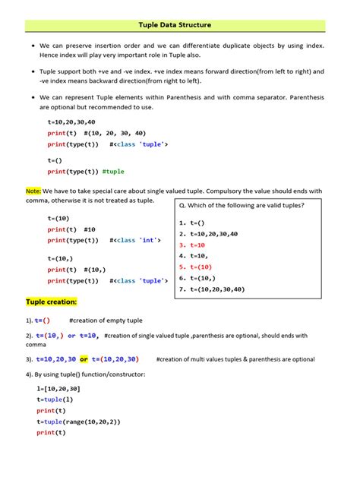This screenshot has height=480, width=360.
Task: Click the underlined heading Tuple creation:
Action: (x=52, y=302)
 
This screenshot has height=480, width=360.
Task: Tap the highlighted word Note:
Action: (x=33, y=191)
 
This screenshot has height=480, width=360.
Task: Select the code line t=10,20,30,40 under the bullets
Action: (x=71, y=122)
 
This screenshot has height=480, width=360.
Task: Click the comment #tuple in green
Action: (x=113, y=172)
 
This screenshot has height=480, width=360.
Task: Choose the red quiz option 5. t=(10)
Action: (x=197, y=267)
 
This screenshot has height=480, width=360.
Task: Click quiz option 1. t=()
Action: (x=193, y=223)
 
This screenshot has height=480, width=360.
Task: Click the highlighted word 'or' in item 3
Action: (x=84, y=359)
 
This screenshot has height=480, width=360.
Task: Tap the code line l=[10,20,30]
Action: (x=58, y=389)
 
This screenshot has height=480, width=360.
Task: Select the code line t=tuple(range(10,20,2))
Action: (x=78, y=422)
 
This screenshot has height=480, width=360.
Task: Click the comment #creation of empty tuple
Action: (x=105, y=321)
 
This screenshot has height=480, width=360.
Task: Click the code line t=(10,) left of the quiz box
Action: (x=62, y=258)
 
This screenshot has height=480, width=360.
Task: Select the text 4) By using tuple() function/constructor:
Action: (x=85, y=374)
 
